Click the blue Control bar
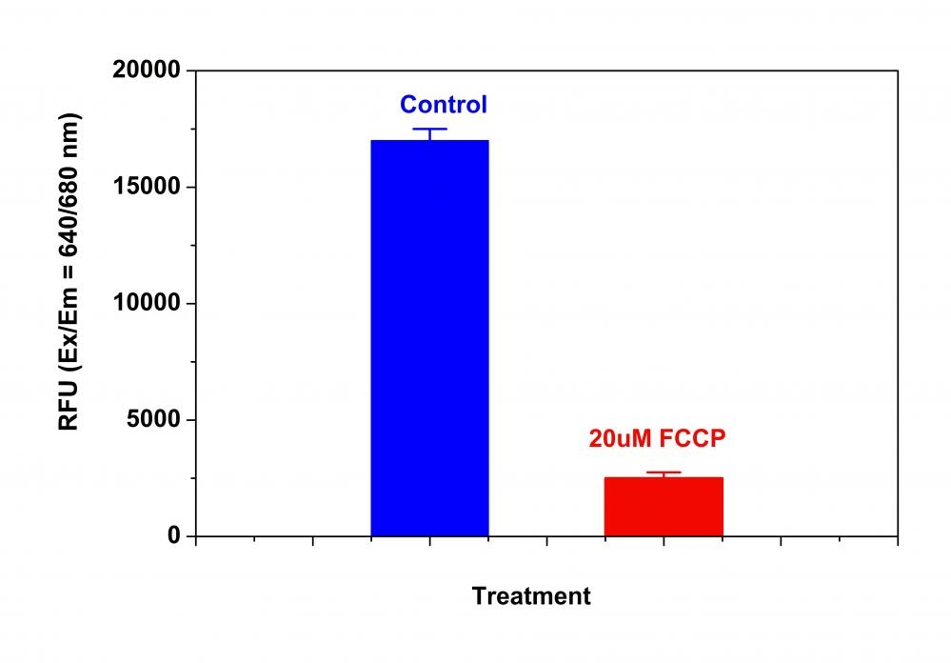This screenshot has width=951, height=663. coord(429,338)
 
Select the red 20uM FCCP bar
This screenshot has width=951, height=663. coord(664,506)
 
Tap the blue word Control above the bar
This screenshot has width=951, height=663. coord(443,105)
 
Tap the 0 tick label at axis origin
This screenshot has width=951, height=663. coord(174,536)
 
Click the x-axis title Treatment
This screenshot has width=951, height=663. coord(531,597)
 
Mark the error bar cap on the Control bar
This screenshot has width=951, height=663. coord(429,129)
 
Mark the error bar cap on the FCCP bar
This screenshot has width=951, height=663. coord(664,472)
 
